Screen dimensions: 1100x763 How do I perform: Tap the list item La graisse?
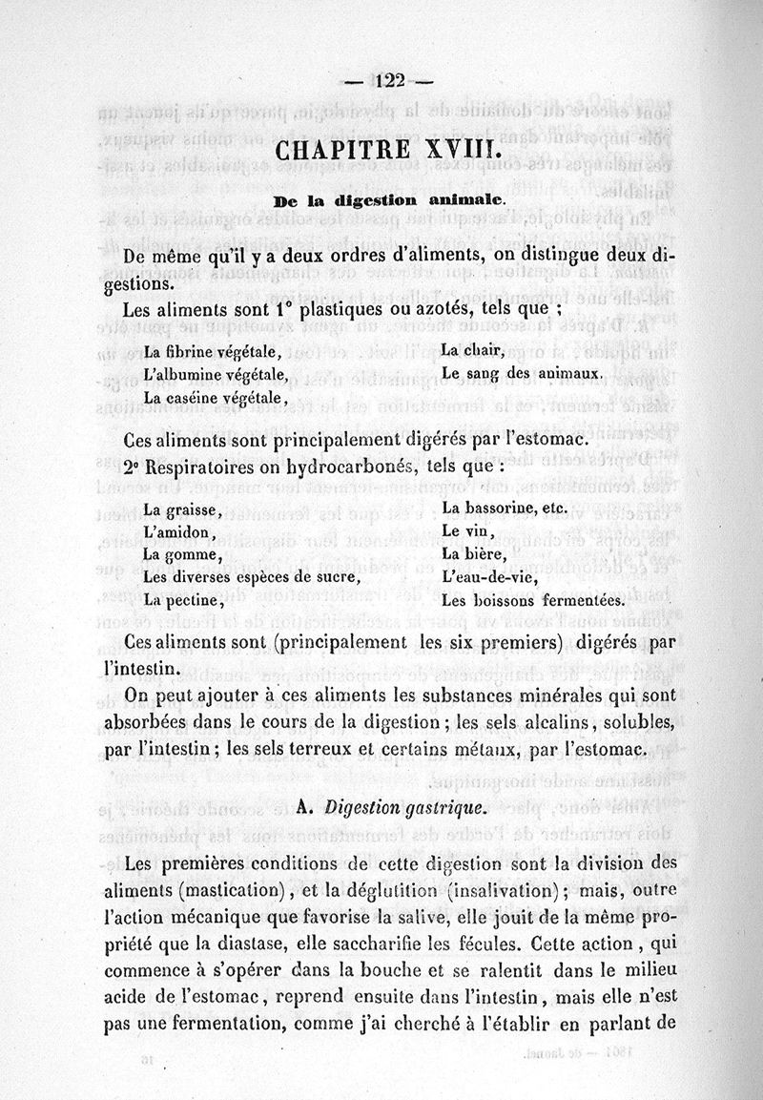click(x=182, y=510)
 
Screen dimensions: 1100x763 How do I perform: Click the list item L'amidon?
click(x=179, y=532)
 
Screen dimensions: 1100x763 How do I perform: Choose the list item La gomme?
click(x=183, y=555)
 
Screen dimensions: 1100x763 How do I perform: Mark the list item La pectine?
click(x=184, y=601)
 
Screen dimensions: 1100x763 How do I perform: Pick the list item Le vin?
click(x=467, y=531)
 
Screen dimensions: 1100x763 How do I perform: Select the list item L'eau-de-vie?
click(x=485, y=577)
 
